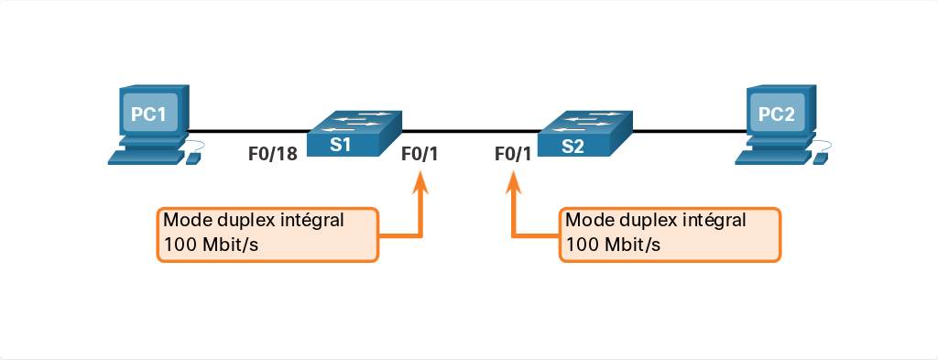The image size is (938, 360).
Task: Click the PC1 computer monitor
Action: tap(154, 112)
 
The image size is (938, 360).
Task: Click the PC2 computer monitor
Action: tap(781, 112)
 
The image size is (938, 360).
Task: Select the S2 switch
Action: tap(585, 134)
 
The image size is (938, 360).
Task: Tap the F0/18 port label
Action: tap(273, 154)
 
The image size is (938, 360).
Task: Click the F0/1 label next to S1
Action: tap(420, 154)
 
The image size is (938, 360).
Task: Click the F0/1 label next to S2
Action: tap(513, 154)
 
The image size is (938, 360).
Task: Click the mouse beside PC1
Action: tap(193, 158)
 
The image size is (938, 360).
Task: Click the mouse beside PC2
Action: tap(820, 158)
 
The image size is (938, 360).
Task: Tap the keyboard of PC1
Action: tap(146, 157)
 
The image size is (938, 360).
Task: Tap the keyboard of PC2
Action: tap(773, 157)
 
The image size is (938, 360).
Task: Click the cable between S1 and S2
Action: tap(470, 130)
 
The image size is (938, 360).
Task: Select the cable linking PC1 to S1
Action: tap(247, 131)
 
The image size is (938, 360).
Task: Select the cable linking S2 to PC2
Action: tap(689, 131)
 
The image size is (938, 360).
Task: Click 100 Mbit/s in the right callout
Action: tap(613, 245)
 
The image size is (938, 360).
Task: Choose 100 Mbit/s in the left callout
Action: tap(212, 245)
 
